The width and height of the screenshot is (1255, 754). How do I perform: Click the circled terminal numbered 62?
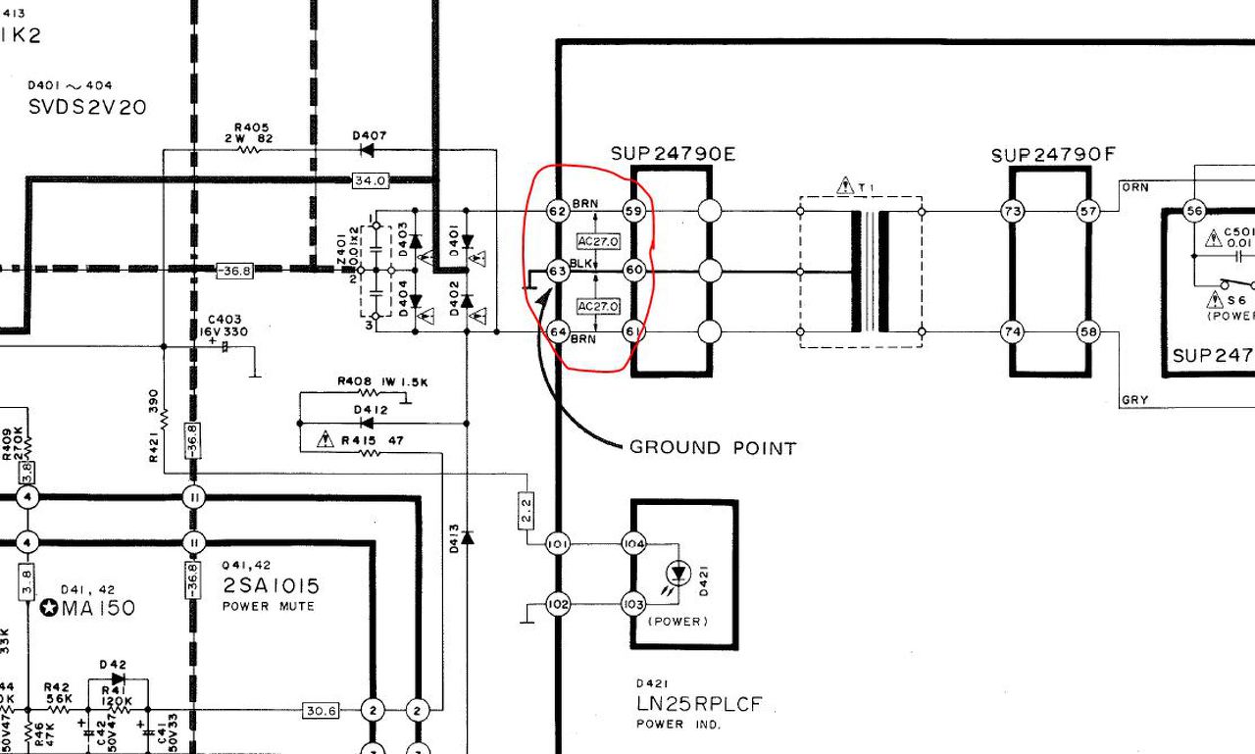[x=558, y=211]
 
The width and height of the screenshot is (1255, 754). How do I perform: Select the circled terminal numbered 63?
[x=558, y=271]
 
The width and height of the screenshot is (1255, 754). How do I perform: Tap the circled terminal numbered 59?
[x=634, y=211]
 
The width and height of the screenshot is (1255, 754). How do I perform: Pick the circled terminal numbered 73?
[x=1012, y=211]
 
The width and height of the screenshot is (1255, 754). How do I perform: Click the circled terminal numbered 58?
[x=1087, y=332]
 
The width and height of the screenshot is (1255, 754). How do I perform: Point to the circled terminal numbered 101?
[x=558, y=543]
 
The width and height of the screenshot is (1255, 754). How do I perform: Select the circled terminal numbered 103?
[x=634, y=604]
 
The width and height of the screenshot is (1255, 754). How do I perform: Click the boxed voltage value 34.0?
[x=371, y=180]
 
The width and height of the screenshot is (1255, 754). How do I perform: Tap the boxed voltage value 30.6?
[x=321, y=710]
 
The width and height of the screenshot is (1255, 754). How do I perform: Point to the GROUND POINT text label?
[x=713, y=448]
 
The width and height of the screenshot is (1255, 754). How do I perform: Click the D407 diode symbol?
[x=368, y=150]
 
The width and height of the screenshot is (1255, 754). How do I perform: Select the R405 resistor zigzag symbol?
[x=250, y=150]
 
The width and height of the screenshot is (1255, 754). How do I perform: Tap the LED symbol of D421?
[x=678, y=573]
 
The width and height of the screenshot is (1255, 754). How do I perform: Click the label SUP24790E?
[x=673, y=154]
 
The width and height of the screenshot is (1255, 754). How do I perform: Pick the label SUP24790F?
[x=1053, y=155]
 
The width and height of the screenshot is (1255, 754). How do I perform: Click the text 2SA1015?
[x=271, y=586]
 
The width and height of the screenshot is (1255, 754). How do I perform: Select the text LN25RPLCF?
[x=698, y=704]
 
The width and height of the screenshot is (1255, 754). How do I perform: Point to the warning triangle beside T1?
[x=845, y=184]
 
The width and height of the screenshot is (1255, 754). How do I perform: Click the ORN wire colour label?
[x=1134, y=186]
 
